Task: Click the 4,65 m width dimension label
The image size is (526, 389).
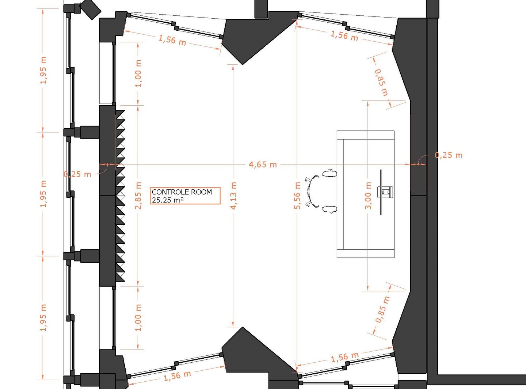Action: coord(263,165)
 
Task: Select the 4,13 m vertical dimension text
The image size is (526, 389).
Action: coord(234,196)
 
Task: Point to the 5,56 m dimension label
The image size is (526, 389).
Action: coord(297,196)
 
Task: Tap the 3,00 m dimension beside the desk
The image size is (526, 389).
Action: coord(368,196)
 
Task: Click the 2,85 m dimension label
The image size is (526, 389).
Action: coord(138,196)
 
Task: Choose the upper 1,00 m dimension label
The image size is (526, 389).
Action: coord(138,73)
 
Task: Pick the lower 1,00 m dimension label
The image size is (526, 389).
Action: coord(138,318)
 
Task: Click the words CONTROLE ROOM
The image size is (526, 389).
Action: coord(182,192)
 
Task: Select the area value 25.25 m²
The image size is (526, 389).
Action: coord(168,200)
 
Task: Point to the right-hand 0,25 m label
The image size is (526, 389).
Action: coord(449,155)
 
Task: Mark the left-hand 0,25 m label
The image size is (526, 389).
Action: coord(77,174)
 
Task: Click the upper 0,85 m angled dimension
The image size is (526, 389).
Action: coord(381,82)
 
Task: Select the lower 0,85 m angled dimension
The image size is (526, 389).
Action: coord(382,309)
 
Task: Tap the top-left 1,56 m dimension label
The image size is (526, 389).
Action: coord(172,40)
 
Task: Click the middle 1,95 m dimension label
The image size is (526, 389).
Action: coord(43,194)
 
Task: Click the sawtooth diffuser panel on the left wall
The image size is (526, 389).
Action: coord(120,196)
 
